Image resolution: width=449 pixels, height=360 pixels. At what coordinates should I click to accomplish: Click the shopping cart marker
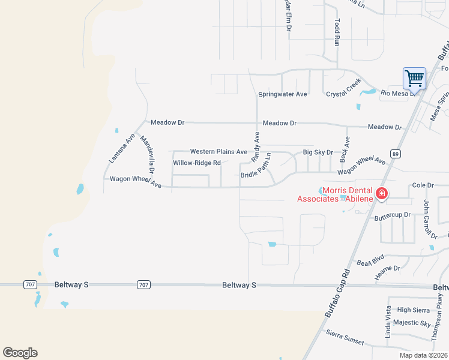point(414,77)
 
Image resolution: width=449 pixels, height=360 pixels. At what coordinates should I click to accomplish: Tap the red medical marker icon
point(381,194)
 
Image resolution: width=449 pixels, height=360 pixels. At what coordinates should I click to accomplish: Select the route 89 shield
point(395,154)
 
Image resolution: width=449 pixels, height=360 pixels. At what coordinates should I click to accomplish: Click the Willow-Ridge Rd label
point(197,163)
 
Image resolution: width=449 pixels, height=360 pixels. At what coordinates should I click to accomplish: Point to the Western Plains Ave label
point(218,152)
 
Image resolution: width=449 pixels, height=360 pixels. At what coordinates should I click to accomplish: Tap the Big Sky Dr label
point(318,153)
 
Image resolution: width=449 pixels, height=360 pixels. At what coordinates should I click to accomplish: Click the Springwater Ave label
point(283,94)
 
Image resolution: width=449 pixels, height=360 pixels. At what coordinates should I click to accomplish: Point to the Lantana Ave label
point(122,149)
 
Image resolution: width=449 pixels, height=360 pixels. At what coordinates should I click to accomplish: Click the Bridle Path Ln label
point(256,166)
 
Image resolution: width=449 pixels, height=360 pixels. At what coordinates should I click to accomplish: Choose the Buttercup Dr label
point(392,214)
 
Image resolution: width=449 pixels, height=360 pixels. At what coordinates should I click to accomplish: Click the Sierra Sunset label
point(345,337)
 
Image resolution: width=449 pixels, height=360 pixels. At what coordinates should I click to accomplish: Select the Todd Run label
point(337,32)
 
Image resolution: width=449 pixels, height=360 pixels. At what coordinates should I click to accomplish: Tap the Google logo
point(20,353)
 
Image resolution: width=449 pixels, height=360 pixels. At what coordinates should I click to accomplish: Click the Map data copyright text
point(423,355)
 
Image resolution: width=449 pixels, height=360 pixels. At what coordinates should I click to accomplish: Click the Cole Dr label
point(423,186)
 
